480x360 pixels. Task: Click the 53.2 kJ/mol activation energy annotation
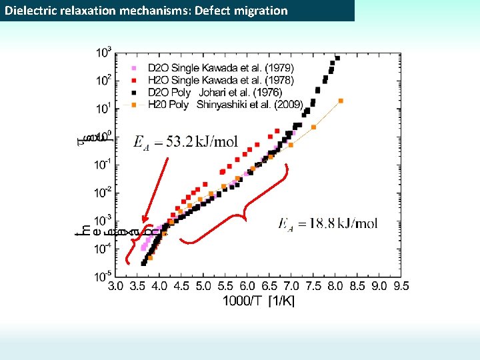[x=185, y=142]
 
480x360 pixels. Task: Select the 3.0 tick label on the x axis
[x=116, y=286]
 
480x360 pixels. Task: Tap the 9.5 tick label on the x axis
[x=400, y=286]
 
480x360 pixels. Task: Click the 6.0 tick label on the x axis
[x=247, y=286]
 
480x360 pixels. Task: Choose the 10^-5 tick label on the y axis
[x=103, y=276]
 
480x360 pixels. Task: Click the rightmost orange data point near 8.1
[x=341, y=101]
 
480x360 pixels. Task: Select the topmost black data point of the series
[x=337, y=58]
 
